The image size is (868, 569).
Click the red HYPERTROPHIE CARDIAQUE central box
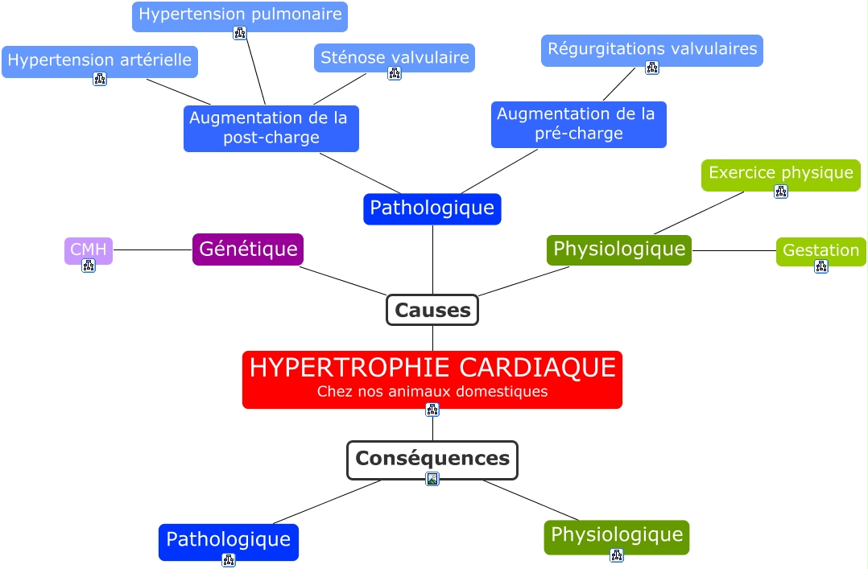point(432,379)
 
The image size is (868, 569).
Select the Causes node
point(432,310)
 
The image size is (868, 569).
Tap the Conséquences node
point(432,459)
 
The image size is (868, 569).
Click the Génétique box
point(248,249)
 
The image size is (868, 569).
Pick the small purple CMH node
point(89,250)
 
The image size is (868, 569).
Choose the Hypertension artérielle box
point(100,60)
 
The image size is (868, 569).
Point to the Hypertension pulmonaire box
point(240,14)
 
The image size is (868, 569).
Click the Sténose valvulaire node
point(395,57)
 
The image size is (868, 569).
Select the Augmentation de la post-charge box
point(271,128)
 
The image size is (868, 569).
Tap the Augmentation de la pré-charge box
point(578,124)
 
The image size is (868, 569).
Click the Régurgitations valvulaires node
point(652,49)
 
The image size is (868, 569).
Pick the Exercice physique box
point(780,173)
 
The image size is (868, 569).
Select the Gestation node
point(820,250)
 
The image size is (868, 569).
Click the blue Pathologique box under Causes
point(432,208)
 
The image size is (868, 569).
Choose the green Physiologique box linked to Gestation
point(618,249)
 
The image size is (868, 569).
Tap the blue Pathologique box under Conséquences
point(228,539)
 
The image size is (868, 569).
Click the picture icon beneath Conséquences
point(432,479)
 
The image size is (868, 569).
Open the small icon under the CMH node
point(89,266)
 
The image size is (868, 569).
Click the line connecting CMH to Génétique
point(153,250)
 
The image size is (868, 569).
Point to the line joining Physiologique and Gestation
point(734,251)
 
